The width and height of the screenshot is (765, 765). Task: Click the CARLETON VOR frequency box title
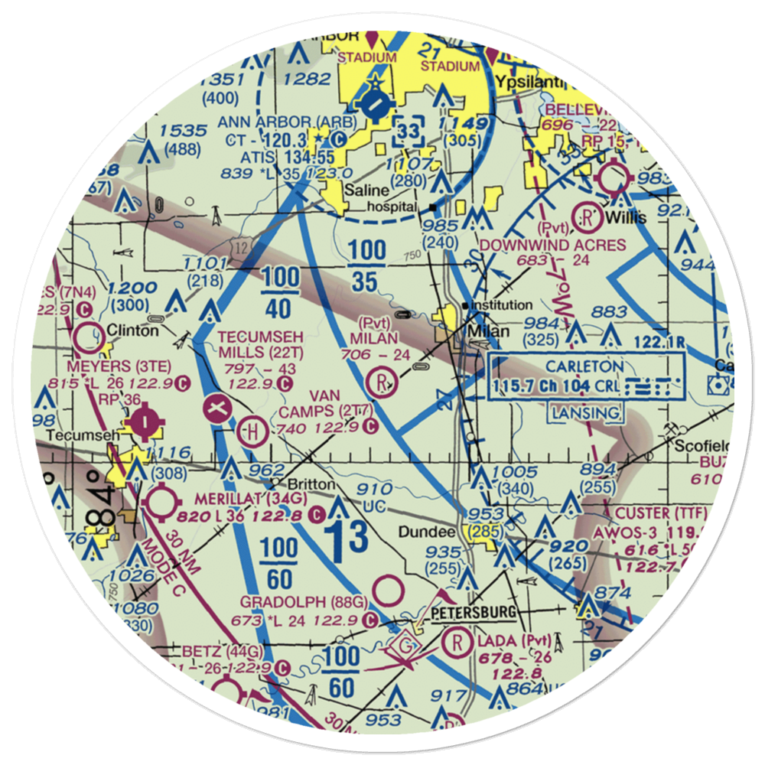585,367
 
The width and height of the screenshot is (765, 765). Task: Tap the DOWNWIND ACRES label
551,245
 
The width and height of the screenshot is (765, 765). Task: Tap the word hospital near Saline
392,207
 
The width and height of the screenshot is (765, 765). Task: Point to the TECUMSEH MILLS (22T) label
261,344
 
